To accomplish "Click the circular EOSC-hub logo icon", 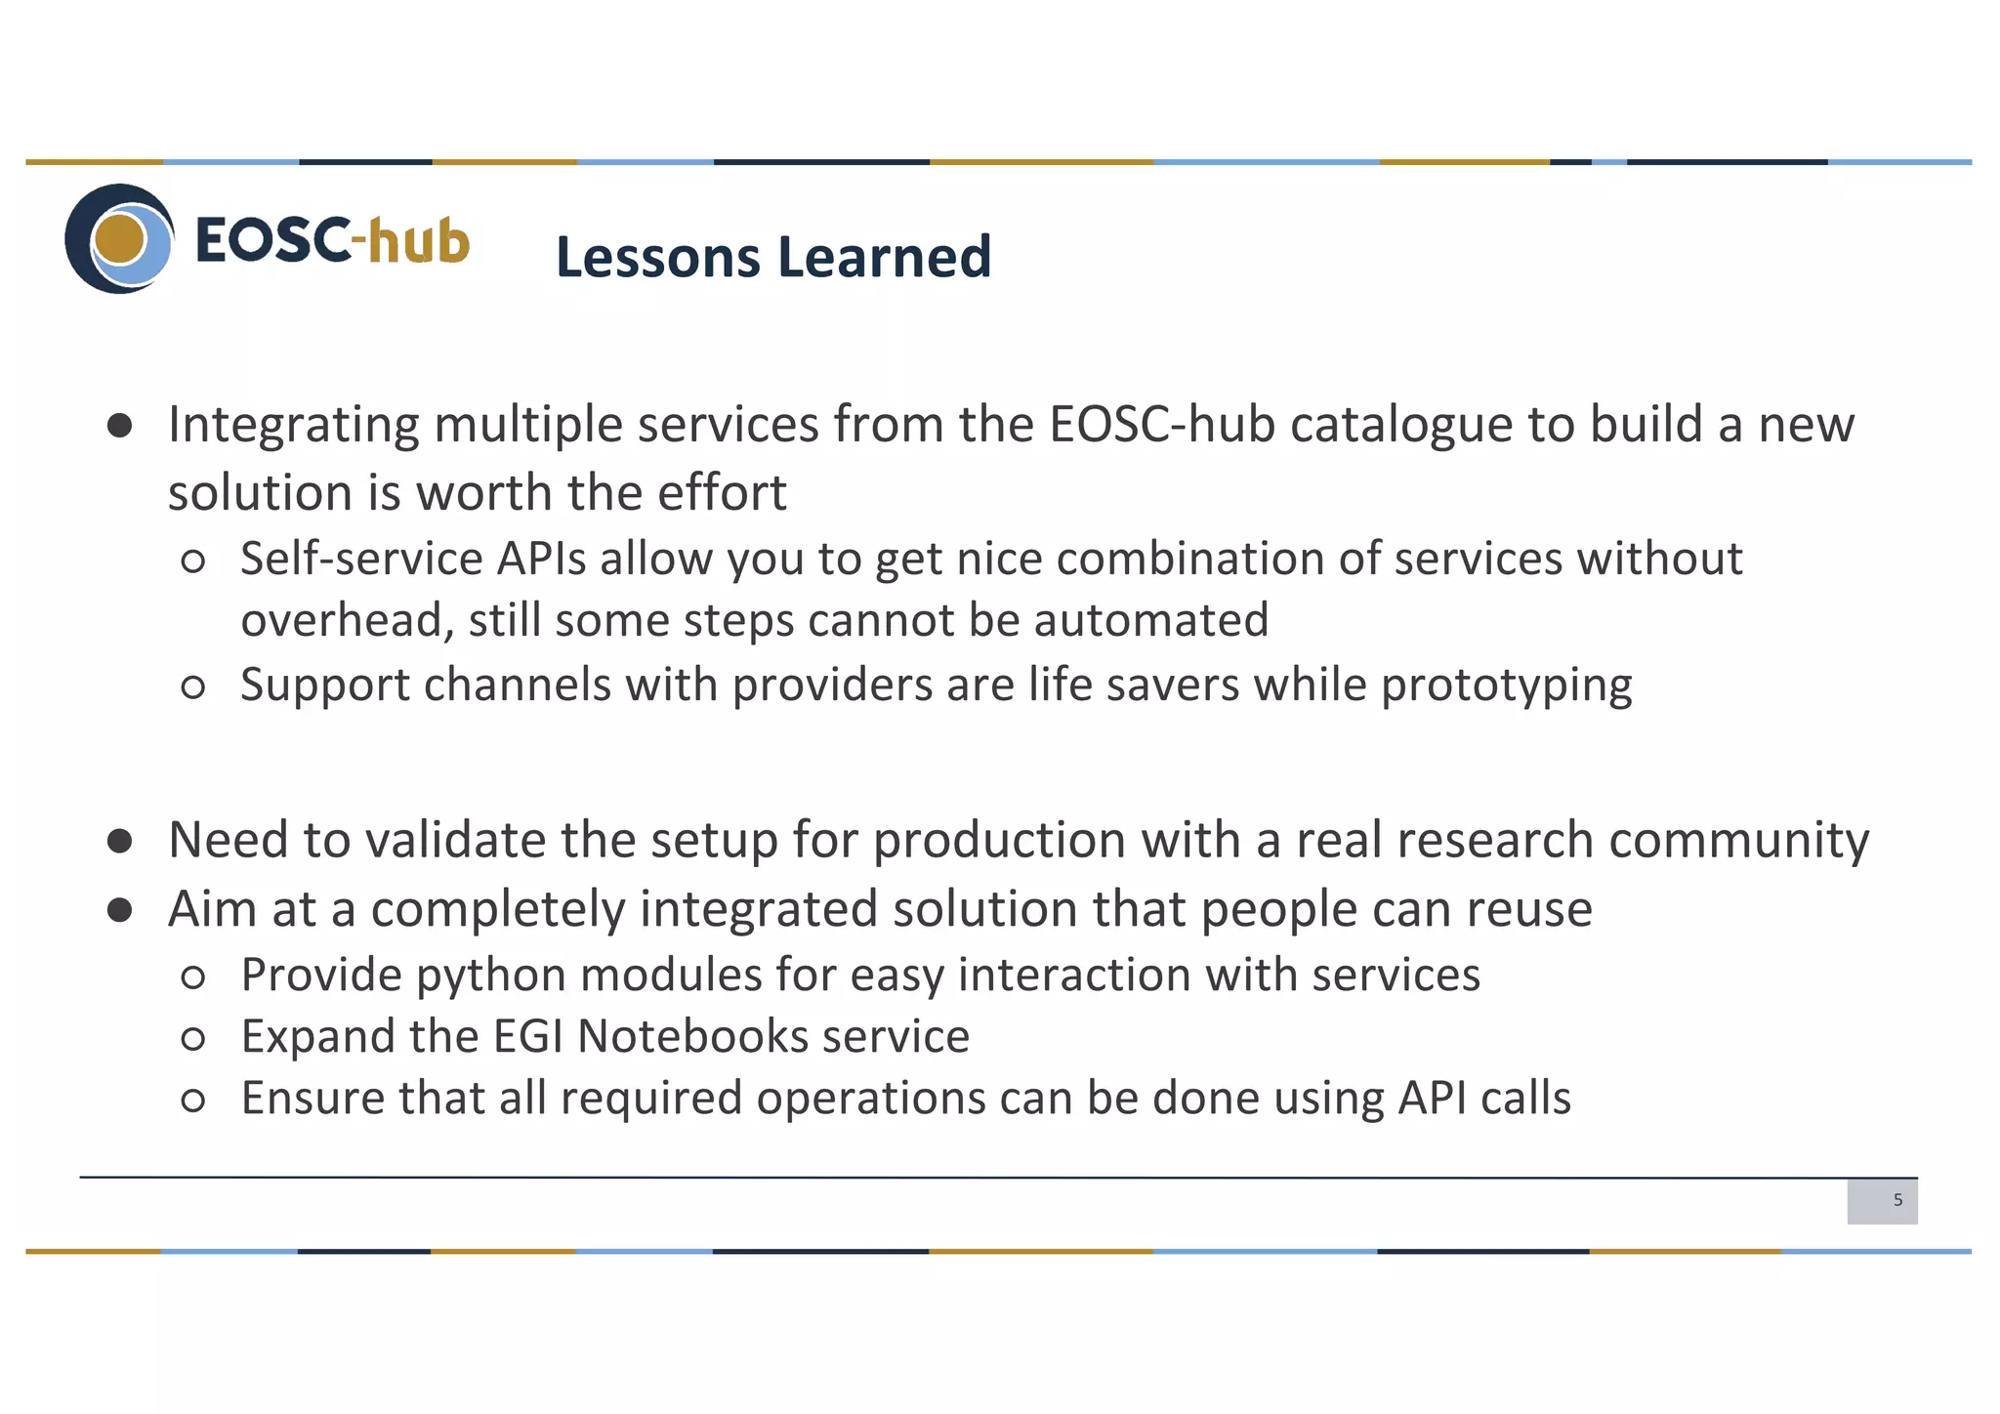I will click(x=119, y=239).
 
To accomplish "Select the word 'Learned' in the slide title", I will click(x=885, y=257).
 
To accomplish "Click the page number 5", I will click(x=1897, y=1200).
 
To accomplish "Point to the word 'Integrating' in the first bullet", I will click(x=293, y=426).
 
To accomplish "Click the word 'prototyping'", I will click(x=1506, y=686).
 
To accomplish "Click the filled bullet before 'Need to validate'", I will click(x=120, y=841).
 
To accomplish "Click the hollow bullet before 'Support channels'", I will click(x=193, y=686).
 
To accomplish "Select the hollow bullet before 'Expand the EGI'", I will click(x=193, y=1038).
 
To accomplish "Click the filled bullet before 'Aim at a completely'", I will click(x=120, y=910).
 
